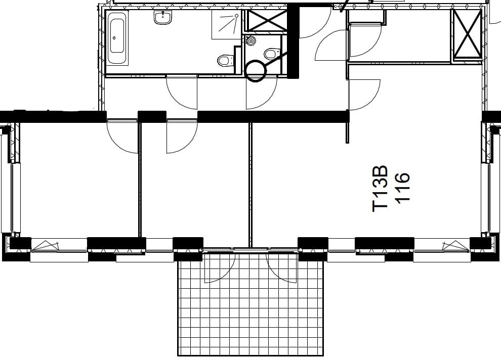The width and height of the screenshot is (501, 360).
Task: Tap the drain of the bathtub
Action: (x=114, y=37)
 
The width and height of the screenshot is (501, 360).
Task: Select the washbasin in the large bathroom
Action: (x=163, y=17)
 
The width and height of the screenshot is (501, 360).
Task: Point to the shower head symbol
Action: (x=236, y=15)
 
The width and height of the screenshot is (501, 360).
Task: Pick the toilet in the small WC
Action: (x=272, y=54)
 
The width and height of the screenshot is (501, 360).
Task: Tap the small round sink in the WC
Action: (x=251, y=41)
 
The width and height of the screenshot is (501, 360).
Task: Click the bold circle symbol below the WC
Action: (x=255, y=71)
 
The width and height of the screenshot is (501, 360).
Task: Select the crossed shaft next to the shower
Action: (x=266, y=20)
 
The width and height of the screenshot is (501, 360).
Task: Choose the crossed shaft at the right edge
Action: (x=468, y=34)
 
